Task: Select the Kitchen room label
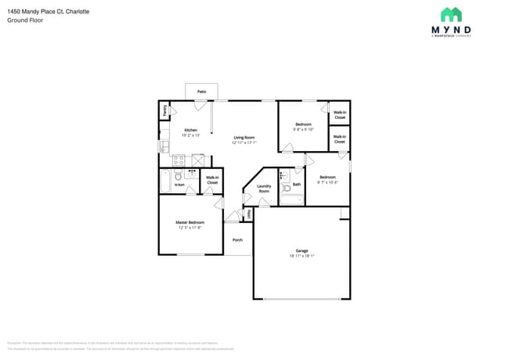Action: [190, 130]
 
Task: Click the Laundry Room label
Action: [264, 189]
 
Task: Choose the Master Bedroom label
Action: [190, 223]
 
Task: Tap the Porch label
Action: [237, 240]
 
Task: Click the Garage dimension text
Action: [301, 256]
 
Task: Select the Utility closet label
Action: [249, 214]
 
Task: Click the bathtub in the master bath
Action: [165, 182]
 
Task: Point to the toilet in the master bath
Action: [179, 178]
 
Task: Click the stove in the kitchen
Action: [179, 160]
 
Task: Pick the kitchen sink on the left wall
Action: [164, 146]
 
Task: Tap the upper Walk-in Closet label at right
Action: [339, 115]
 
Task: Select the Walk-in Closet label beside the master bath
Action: [212, 180]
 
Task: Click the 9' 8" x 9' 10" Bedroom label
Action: [303, 127]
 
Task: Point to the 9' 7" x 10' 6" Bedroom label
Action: [327, 179]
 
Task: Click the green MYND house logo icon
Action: [451, 15]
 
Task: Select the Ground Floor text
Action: [26, 20]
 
